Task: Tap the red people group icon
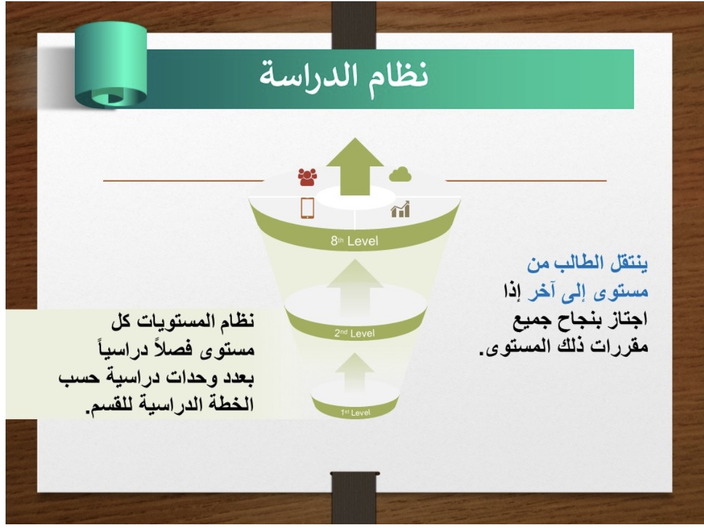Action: click(x=307, y=177)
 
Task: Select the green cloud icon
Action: click(x=400, y=174)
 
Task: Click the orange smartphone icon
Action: click(x=307, y=208)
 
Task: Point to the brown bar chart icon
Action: click(x=400, y=209)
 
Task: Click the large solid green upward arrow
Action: click(x=354, y=166)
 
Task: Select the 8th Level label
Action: click(x=354, y=241)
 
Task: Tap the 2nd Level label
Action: click(x=354, y=333)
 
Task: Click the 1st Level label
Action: click(x=355, y=412)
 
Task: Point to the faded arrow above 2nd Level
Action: click(x=354, y=287)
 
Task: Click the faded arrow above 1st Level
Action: click(x=354, y=372)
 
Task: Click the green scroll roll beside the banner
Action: click(x=111, y=64)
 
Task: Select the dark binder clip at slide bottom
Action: click(x=354, y=497)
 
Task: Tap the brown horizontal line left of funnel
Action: click(x=184, y=181)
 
